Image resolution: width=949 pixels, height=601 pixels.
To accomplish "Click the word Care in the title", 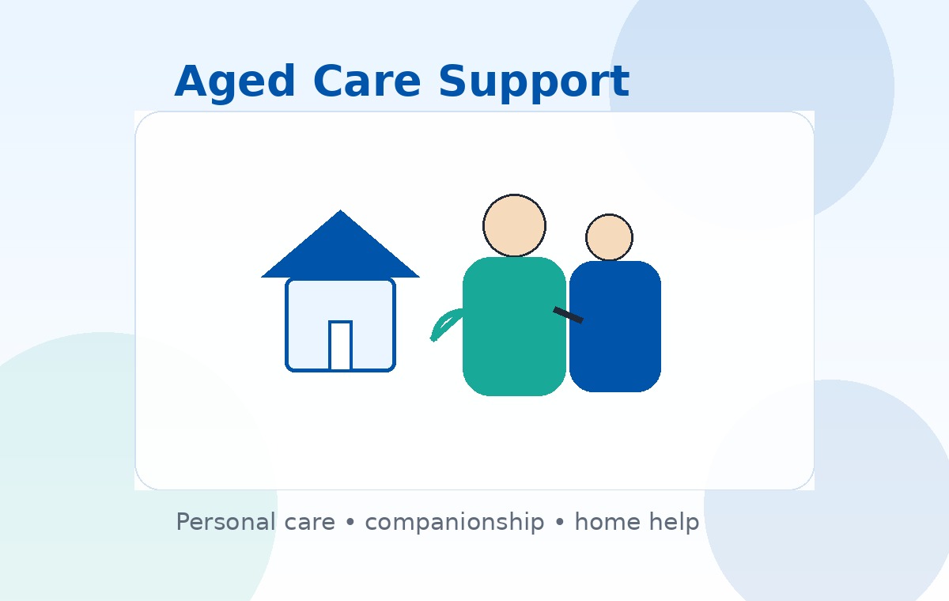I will [367, 82].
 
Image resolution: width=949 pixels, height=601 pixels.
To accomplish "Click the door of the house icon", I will [340, 346].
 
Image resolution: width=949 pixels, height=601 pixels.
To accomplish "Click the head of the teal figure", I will [514, 225].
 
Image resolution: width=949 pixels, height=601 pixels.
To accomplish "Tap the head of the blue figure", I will [609, 237].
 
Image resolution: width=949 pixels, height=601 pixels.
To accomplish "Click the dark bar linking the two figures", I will [568, 315].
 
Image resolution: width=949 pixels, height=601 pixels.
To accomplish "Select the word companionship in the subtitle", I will [454, 523].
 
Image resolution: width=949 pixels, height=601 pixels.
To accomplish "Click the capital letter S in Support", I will [452, 82].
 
